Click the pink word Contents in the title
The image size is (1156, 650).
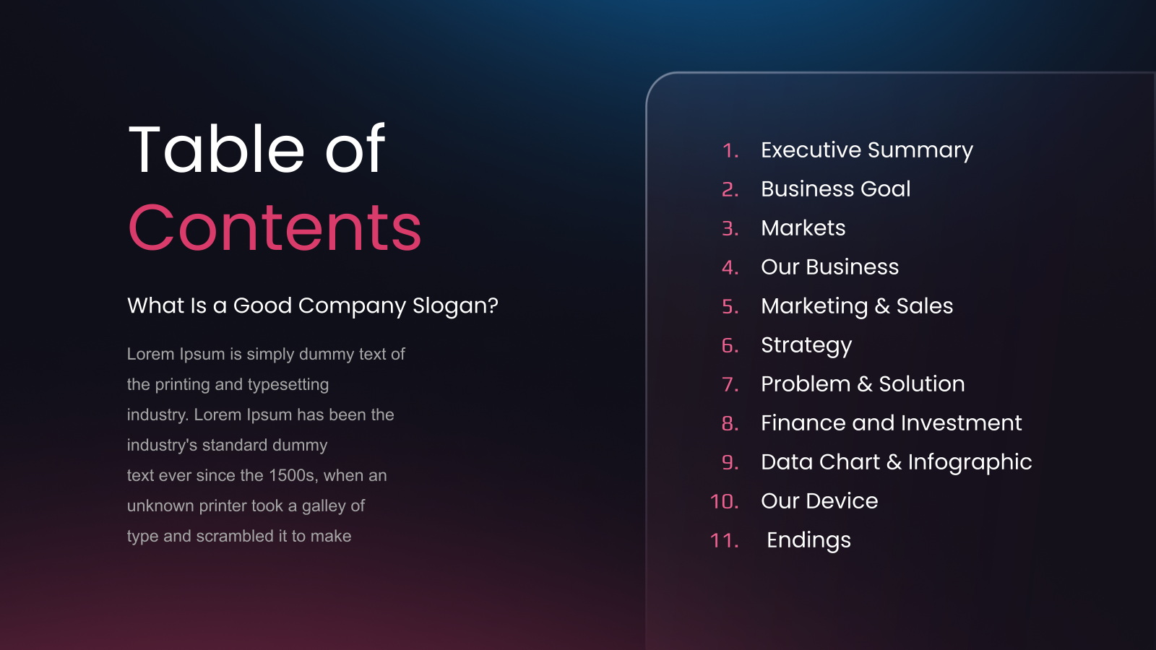275,227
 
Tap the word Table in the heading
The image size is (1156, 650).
217,149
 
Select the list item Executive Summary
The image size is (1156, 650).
867,151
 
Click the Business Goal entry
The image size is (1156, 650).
835,188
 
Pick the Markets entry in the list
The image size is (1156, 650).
803,228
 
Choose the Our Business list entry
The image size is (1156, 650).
830,266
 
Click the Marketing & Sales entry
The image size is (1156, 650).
857,306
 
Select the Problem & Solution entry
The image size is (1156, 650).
863,383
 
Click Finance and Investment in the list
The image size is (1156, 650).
892,423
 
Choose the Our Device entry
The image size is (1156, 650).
819,501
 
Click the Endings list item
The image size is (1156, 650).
808,541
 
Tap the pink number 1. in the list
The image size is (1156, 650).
730,151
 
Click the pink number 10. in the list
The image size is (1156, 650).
725,501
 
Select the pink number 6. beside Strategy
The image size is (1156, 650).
730,346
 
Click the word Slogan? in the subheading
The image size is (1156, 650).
455,306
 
